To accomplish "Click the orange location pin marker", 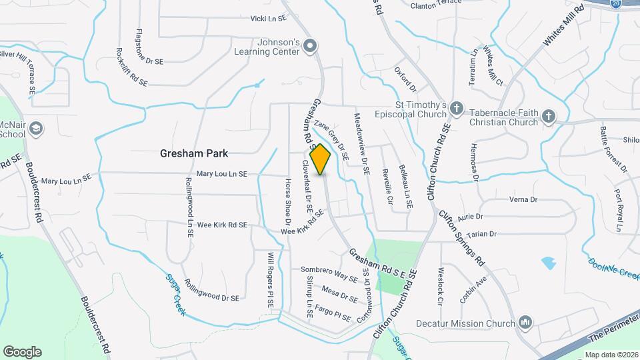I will (x=321, y=159).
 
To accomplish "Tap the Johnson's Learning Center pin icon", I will (x=309, y=46).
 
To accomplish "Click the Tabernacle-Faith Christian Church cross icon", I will (x=548, y=117).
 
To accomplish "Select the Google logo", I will (x=22, y=352).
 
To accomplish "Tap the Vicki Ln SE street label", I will (x=268, y=19).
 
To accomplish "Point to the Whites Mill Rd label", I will (x=563, y=26).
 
